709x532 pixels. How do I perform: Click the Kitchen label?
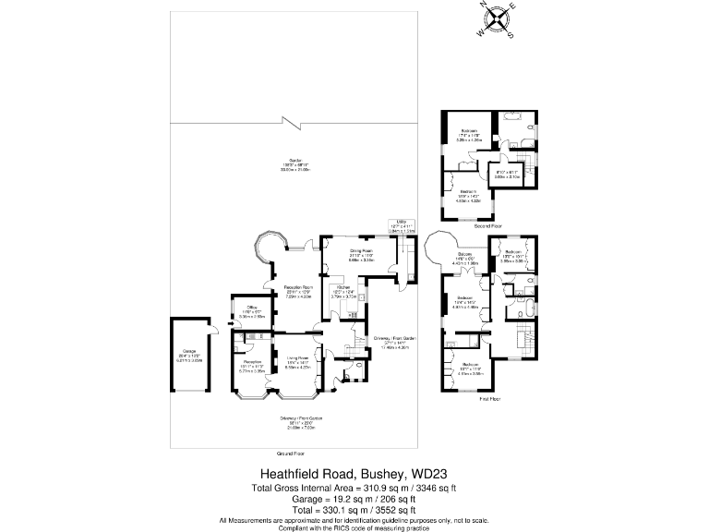coord(342,288)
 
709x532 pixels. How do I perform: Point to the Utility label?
coord(402,222)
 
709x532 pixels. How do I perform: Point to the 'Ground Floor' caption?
coord(291,454)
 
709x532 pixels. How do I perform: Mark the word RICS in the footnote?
coord(370,526)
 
